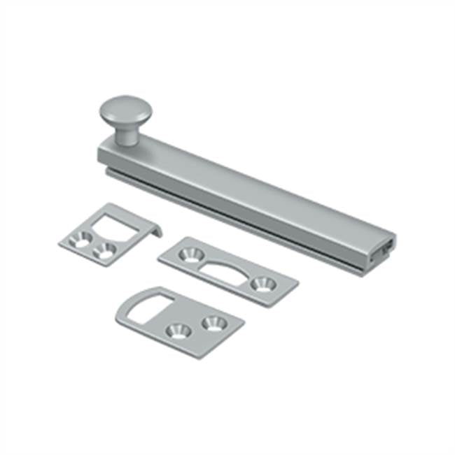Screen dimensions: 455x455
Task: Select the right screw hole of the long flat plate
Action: tap(263, 283)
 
